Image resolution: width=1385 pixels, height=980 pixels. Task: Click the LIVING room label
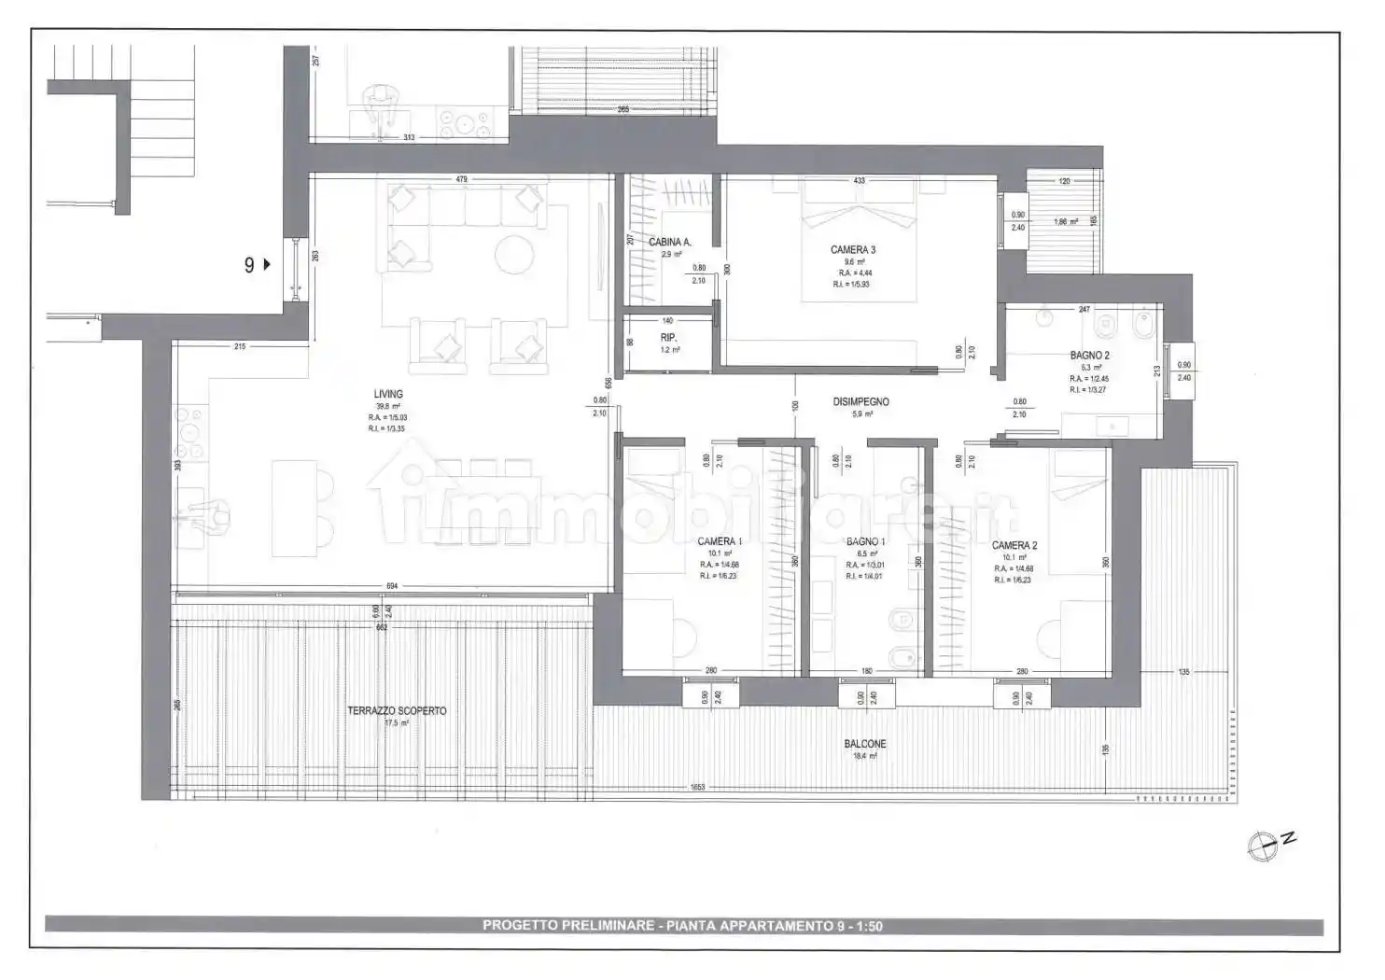[388, 394]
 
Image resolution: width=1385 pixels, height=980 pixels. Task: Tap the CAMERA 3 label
[852, 249]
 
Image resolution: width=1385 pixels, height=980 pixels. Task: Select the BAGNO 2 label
[1089, 356]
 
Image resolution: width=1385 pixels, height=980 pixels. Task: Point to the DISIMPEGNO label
[860, 402]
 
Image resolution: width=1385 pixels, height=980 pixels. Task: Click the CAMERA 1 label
[720, 541]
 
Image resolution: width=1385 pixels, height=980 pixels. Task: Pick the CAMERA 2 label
[1014, 545]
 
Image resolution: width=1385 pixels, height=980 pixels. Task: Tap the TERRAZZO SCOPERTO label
[397, 710]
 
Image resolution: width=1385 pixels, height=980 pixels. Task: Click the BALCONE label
[865, 744]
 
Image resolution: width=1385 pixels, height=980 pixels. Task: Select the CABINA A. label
[670, 242]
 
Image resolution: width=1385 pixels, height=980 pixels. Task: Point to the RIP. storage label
[668, 337]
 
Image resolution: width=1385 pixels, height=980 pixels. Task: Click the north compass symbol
[1264, 846]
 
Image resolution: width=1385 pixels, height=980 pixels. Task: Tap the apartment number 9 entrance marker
[255, 264]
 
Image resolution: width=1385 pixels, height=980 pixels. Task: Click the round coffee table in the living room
[513, 254]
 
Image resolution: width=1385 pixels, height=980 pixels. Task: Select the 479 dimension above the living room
[461, 179]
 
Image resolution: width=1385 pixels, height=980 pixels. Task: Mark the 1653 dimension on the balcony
[697, 787]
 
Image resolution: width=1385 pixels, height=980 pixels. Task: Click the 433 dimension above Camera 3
[859, 181]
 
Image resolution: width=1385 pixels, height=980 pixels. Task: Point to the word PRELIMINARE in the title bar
[608, 926]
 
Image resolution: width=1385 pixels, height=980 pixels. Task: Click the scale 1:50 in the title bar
[865, 926]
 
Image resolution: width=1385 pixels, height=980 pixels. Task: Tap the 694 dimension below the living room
[392, 586]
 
